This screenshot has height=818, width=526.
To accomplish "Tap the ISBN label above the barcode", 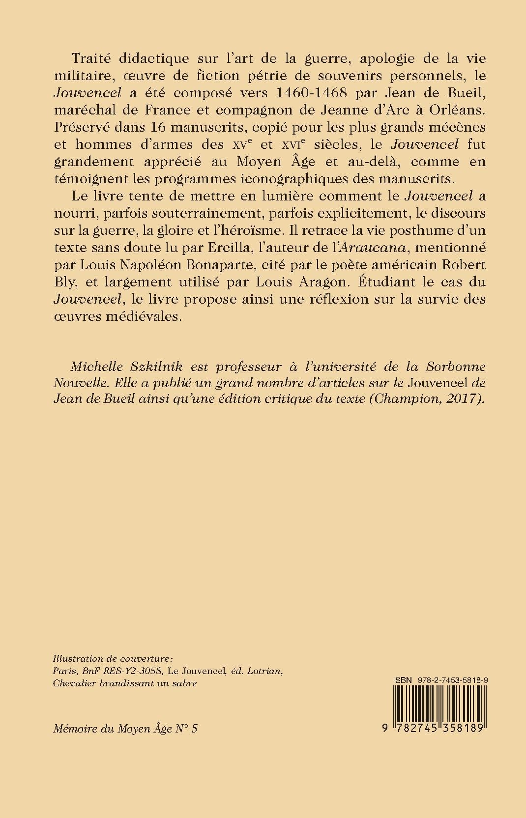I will point(401,679).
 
